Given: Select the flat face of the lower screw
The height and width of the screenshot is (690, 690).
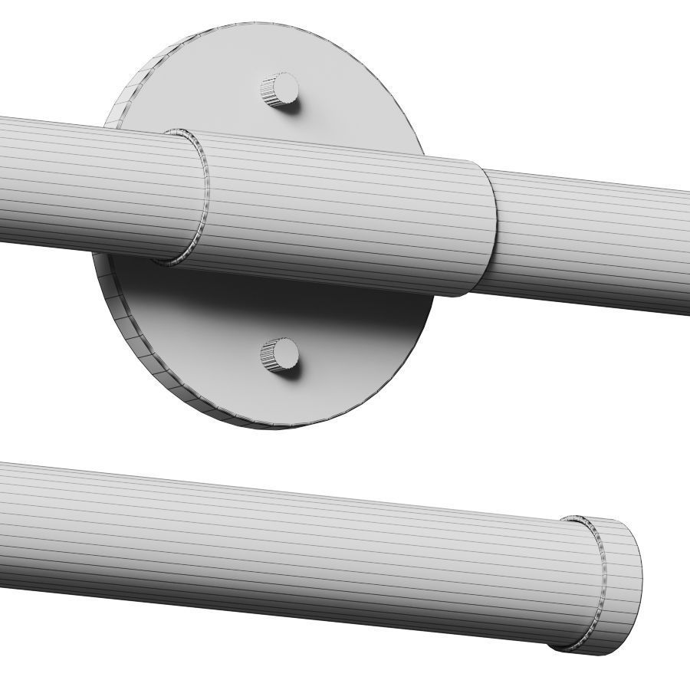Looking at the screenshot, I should tap(287, 353).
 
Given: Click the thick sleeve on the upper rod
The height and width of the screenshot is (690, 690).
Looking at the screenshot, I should tap(345, 215).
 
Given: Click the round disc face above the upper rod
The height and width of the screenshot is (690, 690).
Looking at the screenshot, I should tap(345, 92).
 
